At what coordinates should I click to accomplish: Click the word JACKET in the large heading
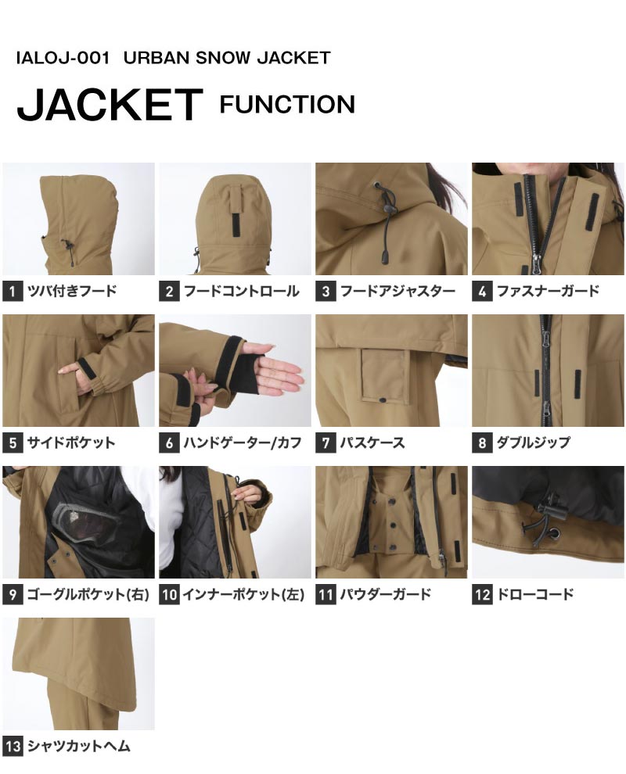coord(110,105)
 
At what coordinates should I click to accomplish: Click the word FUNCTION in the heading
coord(287,105)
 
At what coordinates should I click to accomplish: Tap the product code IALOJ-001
coord(63,58)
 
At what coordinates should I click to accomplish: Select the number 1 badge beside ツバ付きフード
coord(13,292)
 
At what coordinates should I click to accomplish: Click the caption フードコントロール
coord(242,291)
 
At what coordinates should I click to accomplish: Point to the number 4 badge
coord(482,292)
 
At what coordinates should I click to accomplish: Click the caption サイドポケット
coord(71,443)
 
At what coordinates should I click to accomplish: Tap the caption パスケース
coord(372,443)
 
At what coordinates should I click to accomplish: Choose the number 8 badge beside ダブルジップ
coord(482,443)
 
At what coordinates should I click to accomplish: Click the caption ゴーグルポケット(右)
coord(88,594)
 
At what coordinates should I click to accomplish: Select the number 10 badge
coord(169,594)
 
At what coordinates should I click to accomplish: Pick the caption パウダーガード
coord(386,594)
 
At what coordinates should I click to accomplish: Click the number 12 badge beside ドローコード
coord(482,594)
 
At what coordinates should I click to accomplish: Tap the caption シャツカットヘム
coord(78,745)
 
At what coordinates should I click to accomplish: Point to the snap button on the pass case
coord(383,399)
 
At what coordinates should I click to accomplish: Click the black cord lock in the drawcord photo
coord(552,512)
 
